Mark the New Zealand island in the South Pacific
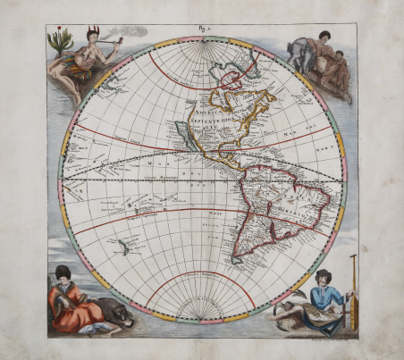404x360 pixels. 130,242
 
